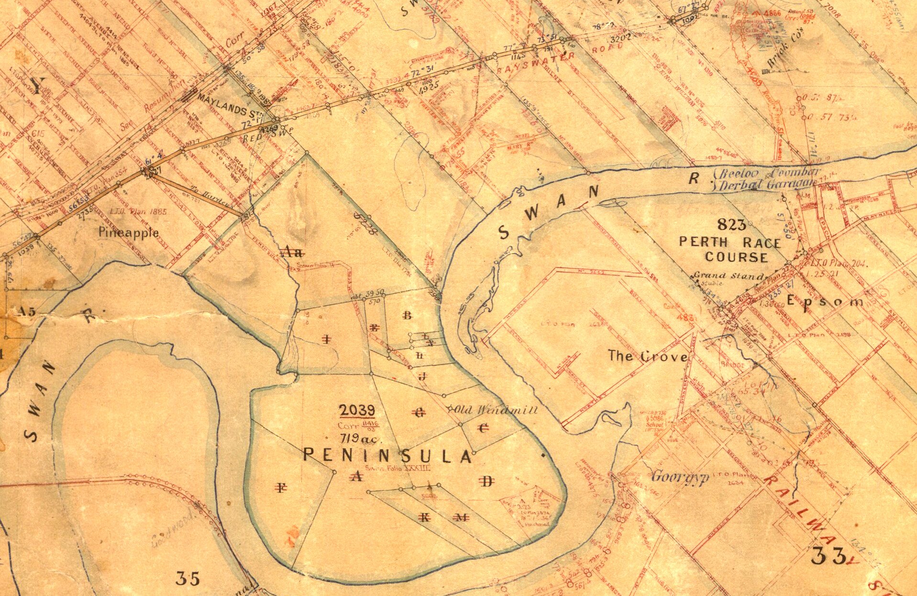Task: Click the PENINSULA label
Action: tap(387, 455)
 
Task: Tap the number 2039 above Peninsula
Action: tap(357, 410)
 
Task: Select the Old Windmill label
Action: tap(495, 410)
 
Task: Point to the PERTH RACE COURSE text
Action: tap(730, 249)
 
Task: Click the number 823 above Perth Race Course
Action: tap(732, 224)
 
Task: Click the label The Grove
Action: tap(648, 356)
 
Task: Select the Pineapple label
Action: tap(129, 233)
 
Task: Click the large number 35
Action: tap(187, 578)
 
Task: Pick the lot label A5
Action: tap(27, 312)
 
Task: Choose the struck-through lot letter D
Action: tap(487, 482)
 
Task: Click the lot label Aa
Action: tap(291, 252)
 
